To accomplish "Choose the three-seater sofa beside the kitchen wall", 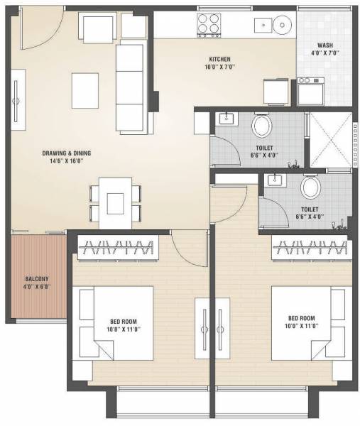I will (131, 82).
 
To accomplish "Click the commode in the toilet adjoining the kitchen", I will (261, 127).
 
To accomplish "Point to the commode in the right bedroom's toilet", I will (310, 188).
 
